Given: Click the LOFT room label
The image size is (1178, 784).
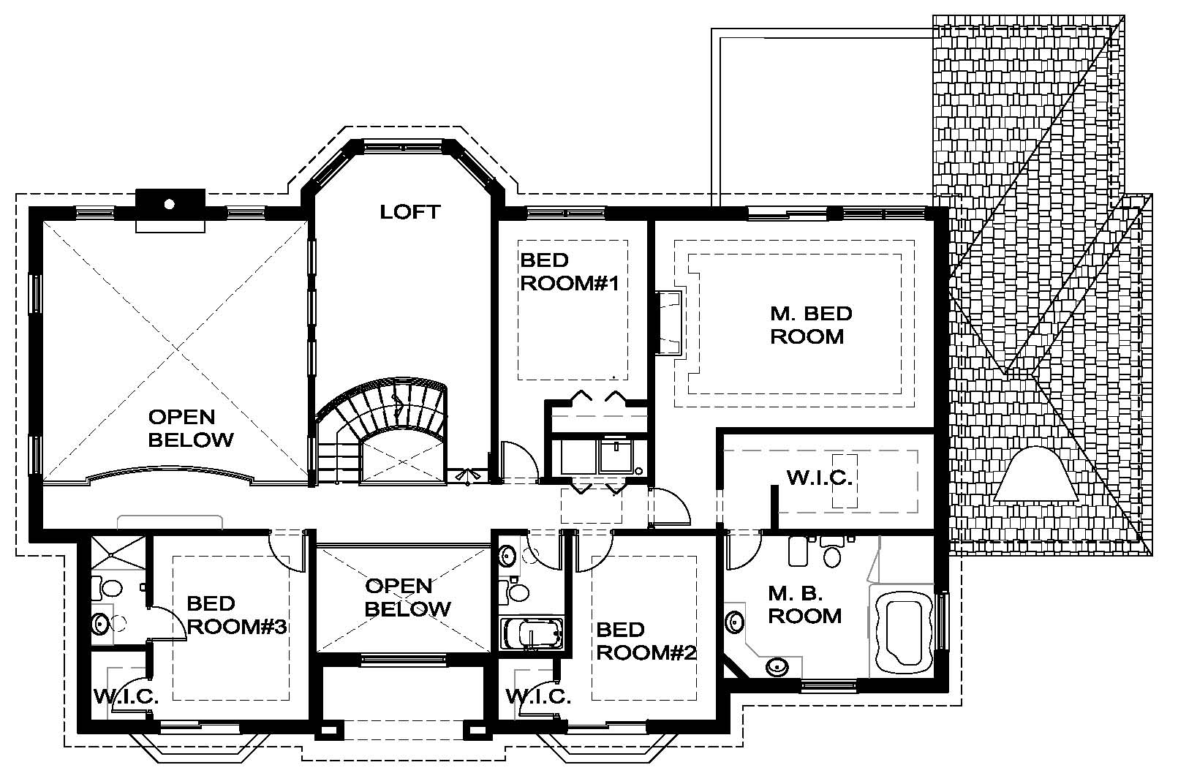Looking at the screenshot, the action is point(409,212).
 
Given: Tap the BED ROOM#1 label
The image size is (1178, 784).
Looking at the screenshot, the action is point(570,271).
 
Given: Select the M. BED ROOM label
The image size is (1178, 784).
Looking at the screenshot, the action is point(811,325).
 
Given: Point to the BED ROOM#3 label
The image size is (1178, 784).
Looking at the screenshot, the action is point(237,615).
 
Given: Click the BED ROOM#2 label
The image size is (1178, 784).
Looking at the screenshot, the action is point(646,641).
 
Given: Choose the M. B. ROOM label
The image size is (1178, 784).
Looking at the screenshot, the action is point(804,605).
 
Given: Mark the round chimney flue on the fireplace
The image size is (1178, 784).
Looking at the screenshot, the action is point(170,204).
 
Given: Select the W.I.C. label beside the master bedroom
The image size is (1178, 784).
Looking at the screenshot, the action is point(820,478).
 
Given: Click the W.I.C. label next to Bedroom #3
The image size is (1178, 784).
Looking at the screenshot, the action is point(127,696).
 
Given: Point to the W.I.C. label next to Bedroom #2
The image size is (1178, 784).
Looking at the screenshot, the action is point(538,696).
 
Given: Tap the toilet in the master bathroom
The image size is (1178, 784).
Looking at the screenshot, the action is point(831,551).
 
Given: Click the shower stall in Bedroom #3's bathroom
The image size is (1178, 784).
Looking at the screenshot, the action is point(118,553).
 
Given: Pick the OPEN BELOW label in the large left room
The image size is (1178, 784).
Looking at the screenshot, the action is point(191,428).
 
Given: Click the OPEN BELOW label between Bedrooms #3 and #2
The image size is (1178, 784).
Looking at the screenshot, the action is point(407,598).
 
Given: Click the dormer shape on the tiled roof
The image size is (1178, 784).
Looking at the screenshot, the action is point(1036,473).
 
